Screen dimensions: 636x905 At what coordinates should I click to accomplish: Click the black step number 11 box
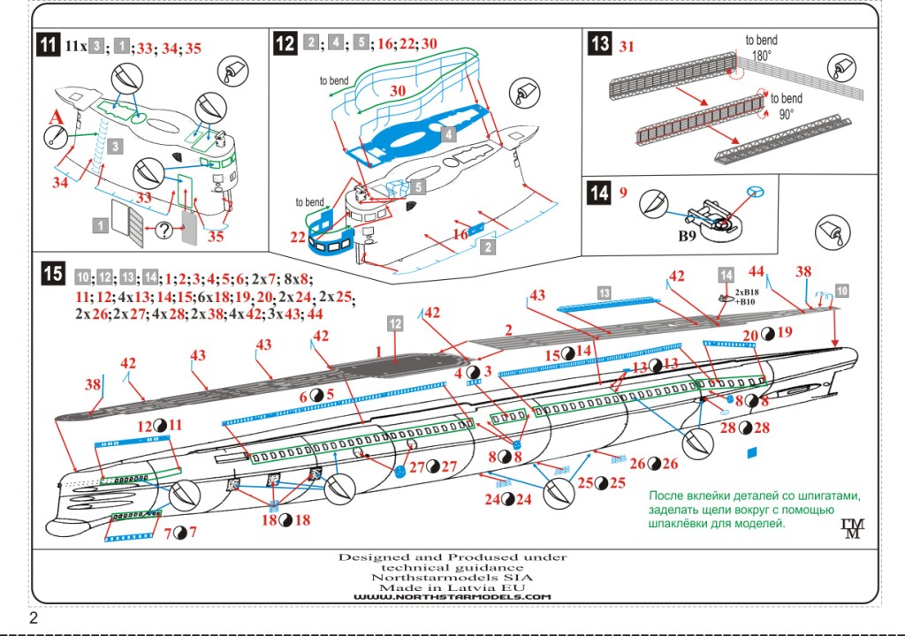(49, 47)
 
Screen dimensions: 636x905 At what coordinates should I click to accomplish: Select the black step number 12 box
(285, 43)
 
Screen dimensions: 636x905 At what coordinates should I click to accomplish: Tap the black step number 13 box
(600, 43)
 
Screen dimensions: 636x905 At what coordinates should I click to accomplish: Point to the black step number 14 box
(600, 192)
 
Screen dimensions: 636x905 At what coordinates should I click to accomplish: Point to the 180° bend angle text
(761, 55)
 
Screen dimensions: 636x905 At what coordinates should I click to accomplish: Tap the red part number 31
(627, 44)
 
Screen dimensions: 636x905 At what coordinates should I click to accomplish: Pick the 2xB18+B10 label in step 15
(748, 296)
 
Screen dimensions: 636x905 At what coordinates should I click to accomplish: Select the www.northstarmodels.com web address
(452, 597)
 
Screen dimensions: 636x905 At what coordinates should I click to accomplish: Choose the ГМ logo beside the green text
(852, 527)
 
